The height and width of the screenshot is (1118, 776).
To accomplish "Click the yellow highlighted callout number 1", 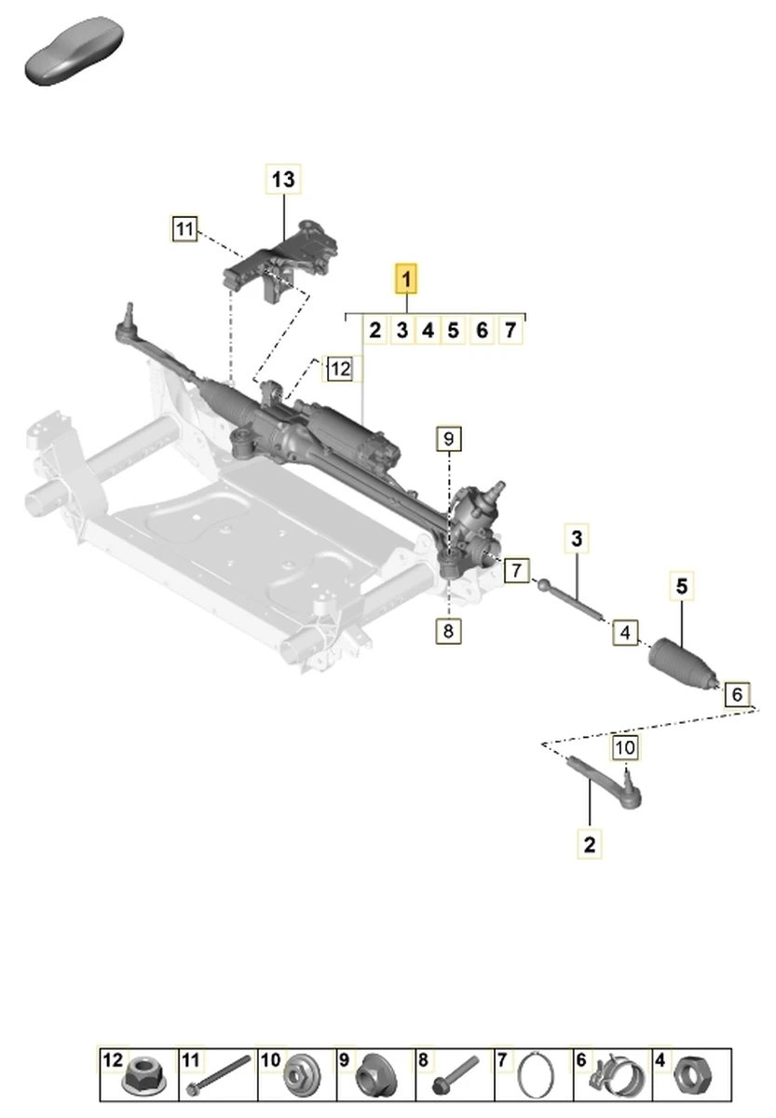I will pos(407,278).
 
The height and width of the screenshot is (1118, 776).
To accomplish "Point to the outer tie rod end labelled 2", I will pos(606,781).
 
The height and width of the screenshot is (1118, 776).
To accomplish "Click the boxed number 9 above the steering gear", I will pos(448,438).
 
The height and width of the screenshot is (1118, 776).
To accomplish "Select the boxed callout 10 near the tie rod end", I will pos(624,746).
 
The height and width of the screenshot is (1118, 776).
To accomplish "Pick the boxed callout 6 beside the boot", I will pos(737,694).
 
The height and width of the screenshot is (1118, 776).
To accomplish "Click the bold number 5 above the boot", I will pos(682,586).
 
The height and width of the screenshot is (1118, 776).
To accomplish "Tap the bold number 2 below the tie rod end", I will pos(589,845).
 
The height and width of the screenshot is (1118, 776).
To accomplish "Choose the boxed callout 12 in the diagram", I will pos(339,369).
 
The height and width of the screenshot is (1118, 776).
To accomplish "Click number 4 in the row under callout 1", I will pos(428,330).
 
